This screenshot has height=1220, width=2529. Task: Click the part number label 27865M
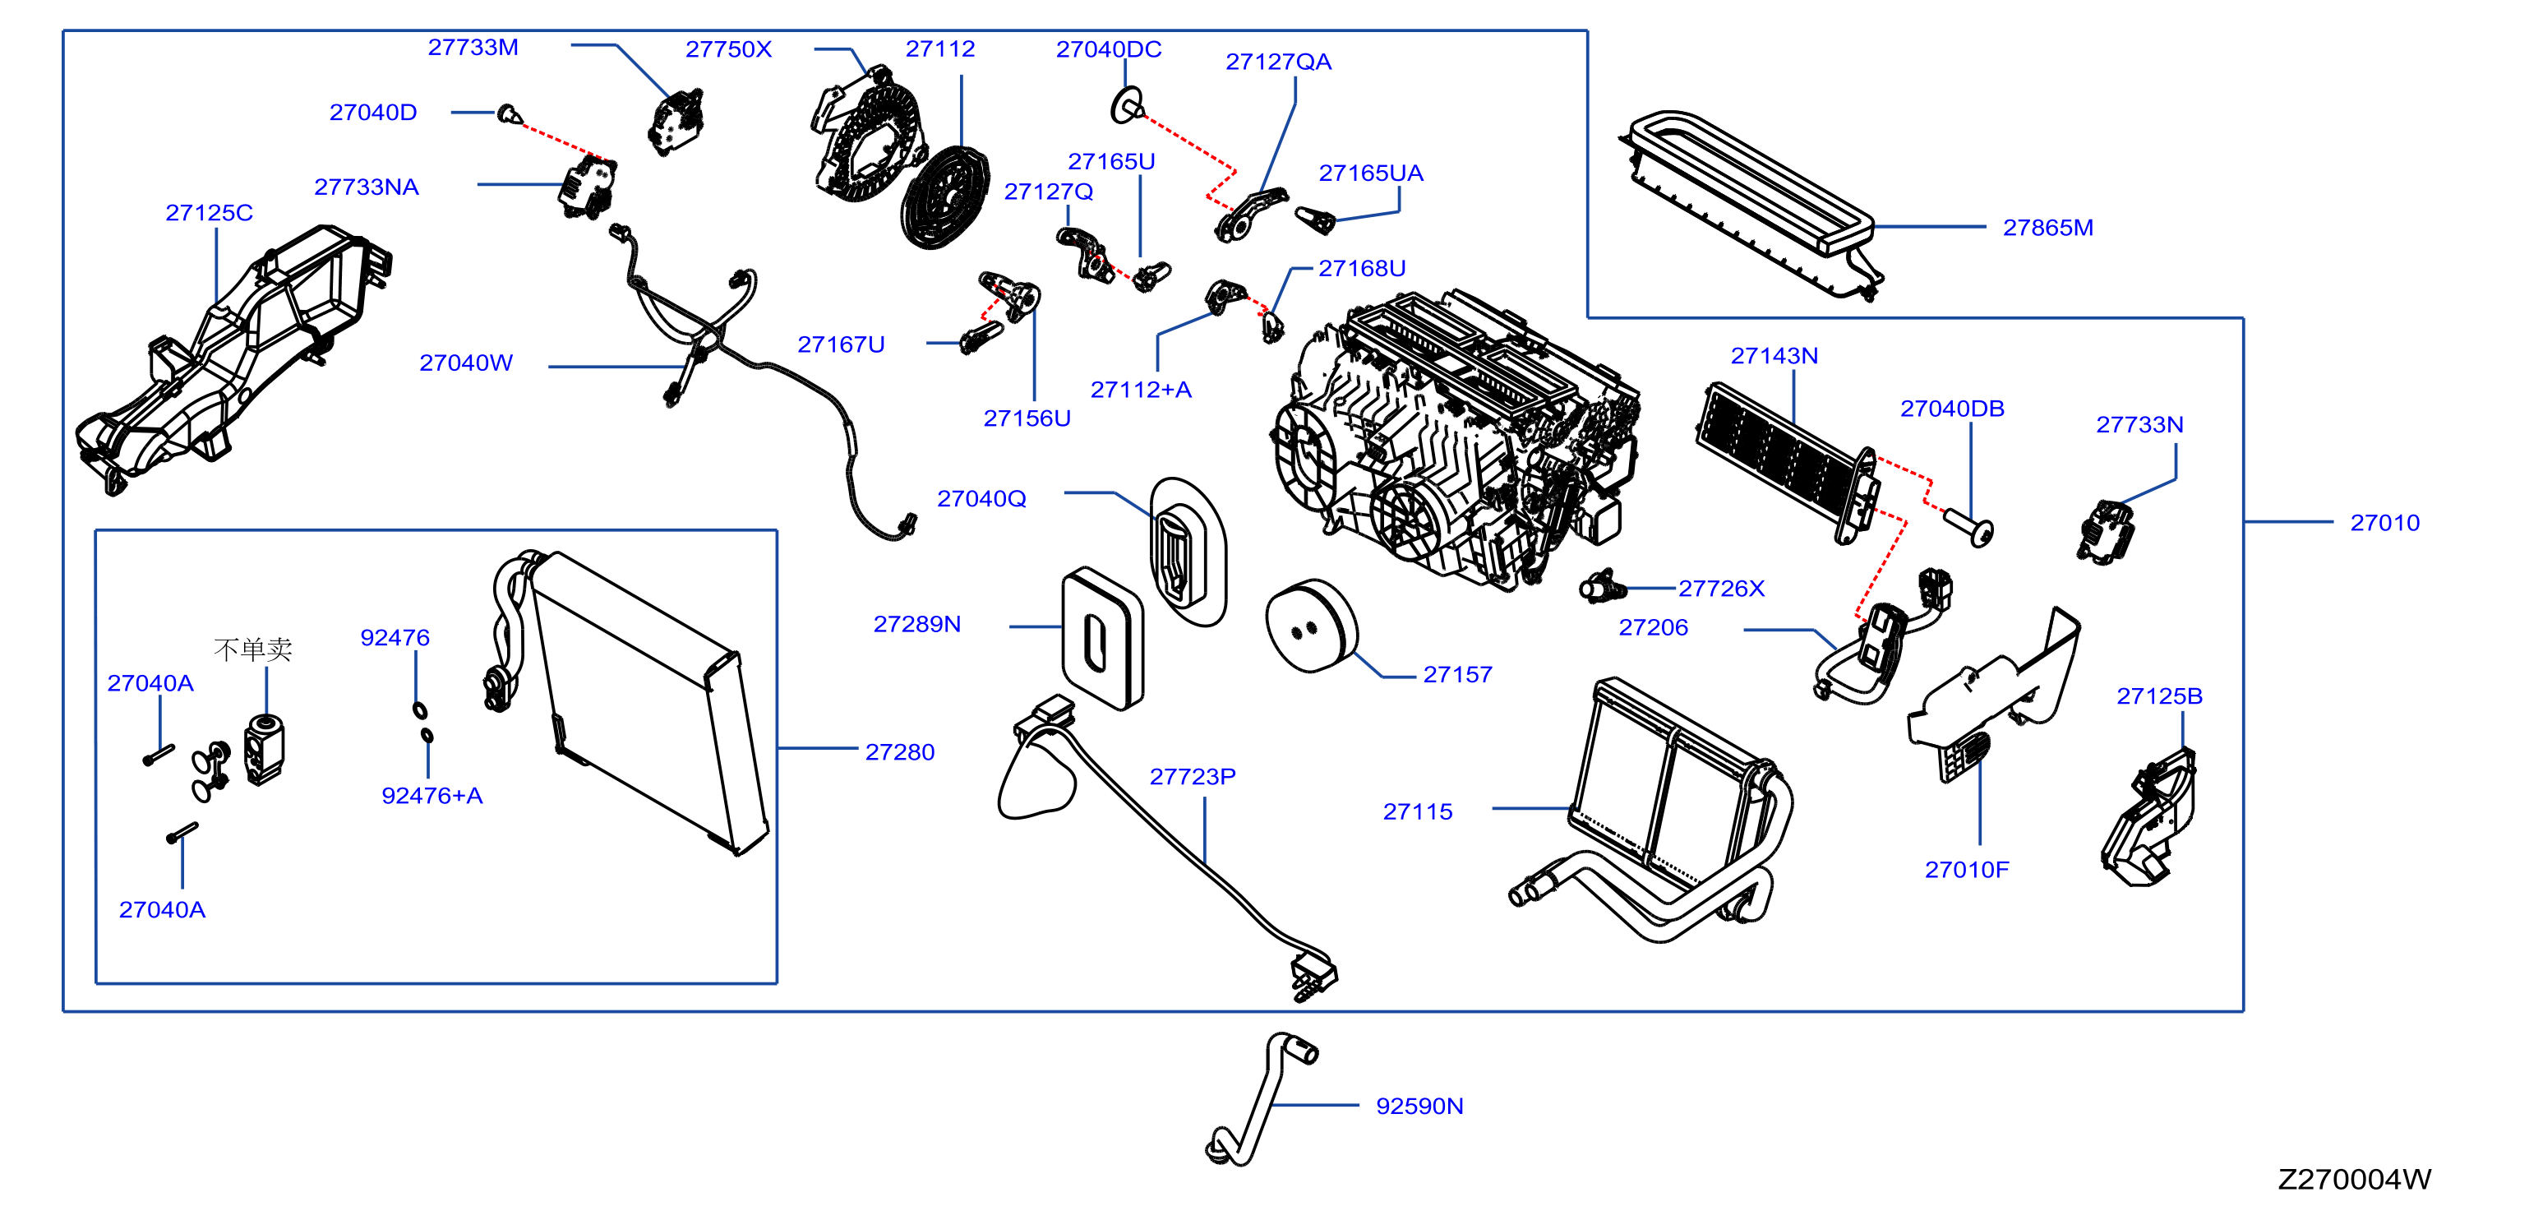click(2048, 228)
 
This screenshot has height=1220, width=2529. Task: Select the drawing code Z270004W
click(2354, 1179)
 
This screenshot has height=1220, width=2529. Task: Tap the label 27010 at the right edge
click(2384, 523)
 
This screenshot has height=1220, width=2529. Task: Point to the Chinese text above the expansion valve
click(252, 649)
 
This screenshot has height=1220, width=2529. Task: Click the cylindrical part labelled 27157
click(1312, 626)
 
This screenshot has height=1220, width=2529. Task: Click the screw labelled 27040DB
click(1969, 525)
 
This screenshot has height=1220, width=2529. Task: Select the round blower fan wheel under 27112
click(945, 196)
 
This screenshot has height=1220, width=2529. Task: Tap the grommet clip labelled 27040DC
click(1127, 104)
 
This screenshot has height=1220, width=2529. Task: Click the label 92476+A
click(432, 796)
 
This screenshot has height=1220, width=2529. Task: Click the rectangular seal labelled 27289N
click(1102, 639)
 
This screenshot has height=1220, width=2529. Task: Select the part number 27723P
click(1193, 776)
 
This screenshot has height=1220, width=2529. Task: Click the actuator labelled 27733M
click(676, 122)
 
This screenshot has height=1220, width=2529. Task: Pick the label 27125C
click(209, 213)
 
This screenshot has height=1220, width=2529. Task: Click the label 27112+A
click(1141, 390)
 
